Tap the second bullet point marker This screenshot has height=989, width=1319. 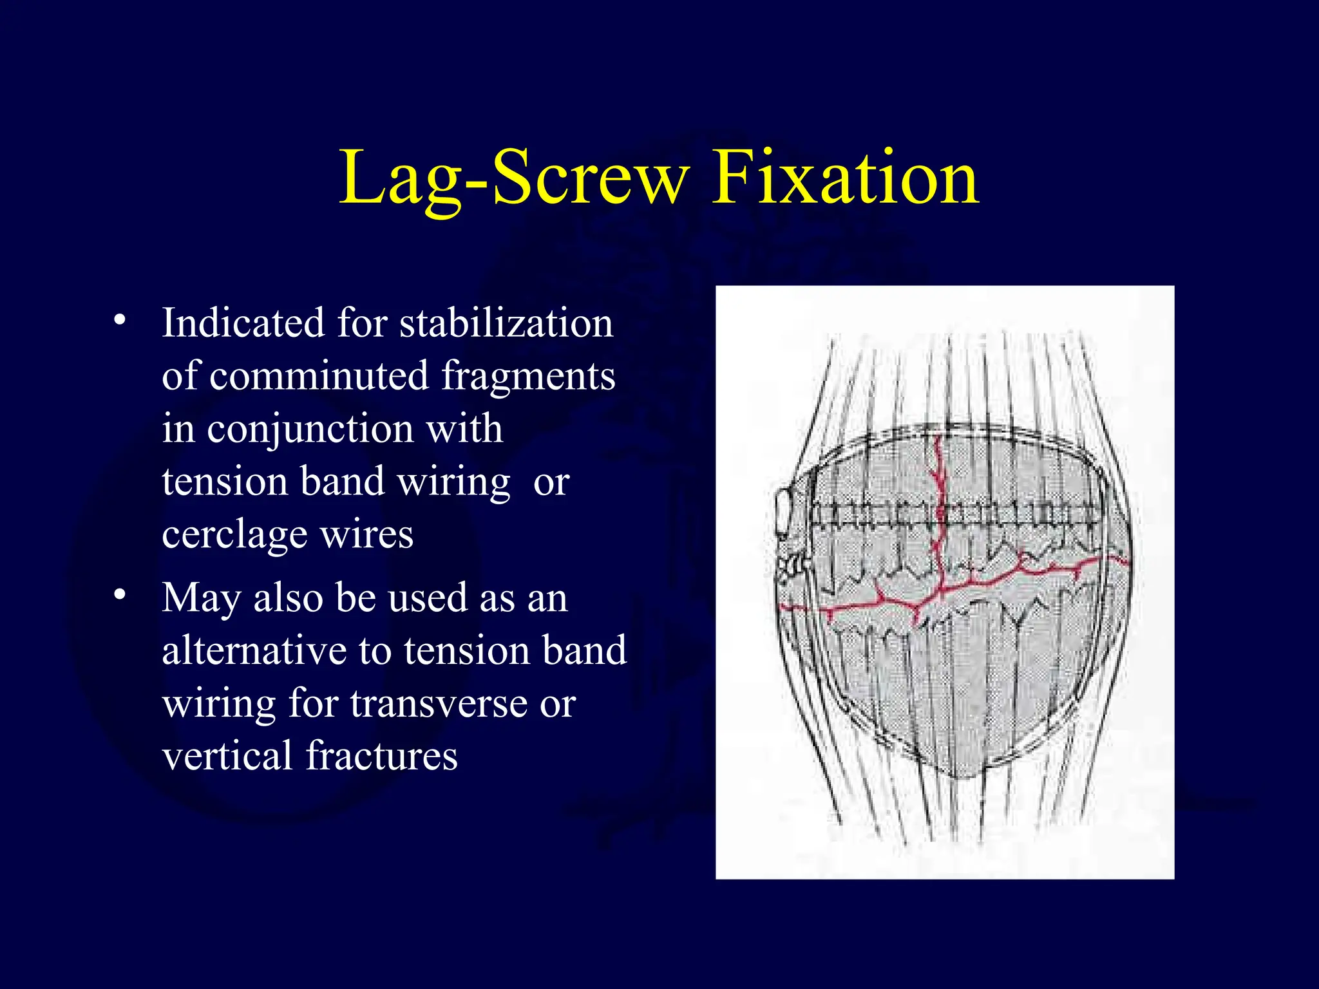119,595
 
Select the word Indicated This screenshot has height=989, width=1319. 243,323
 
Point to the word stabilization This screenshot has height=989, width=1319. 506,323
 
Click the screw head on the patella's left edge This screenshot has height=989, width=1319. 785,515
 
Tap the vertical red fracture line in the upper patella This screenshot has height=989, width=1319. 940,476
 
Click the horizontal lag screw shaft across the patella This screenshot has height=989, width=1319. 953,514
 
